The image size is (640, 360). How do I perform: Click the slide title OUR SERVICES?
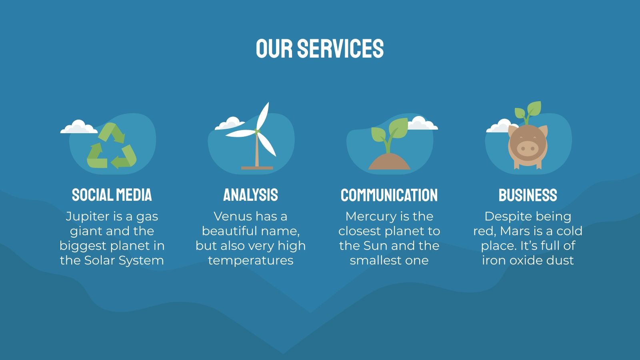pos(320,49)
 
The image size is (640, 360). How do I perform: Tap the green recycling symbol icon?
pos(112,146)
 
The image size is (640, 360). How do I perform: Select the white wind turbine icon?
pos(256,132)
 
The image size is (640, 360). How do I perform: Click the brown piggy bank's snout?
pos(527,149)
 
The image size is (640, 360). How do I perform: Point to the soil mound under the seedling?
pos(389,162)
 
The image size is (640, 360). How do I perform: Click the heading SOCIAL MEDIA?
pos(112,195)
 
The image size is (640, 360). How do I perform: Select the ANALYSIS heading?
pos(250,195)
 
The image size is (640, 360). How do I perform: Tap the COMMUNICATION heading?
pos(389,195)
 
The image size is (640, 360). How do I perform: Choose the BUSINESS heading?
pos(528,195)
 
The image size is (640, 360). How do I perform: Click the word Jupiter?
pos(88,216)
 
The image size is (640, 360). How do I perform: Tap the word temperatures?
pos(250,261)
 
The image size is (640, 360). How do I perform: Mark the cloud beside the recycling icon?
pos(78,127)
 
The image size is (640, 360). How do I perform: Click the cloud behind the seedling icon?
pos(422,124)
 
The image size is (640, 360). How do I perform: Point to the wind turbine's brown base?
pos(257,168)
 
